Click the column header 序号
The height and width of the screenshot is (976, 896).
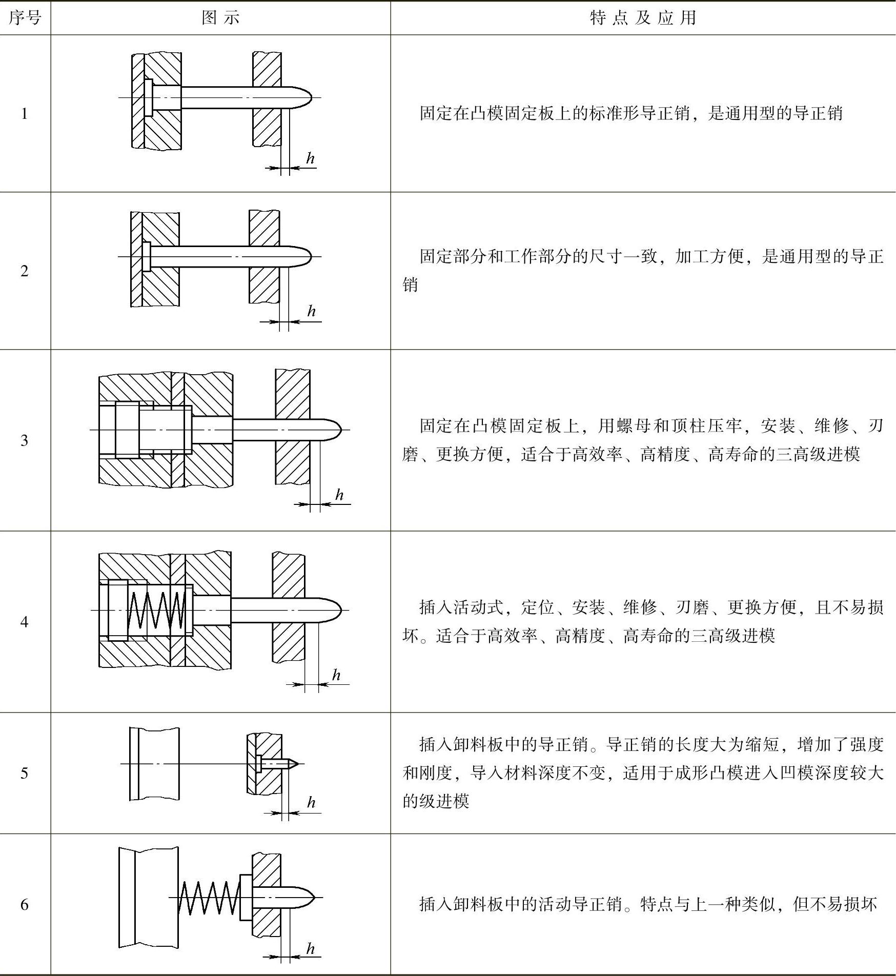(x=25, y=18)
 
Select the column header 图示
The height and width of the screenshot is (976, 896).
(x=220, y=18)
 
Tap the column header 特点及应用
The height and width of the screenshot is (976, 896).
(x=643, y=18)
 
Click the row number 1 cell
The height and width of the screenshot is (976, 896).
(x=25, y=114)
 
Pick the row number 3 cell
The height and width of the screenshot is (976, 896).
(x=25, y=440)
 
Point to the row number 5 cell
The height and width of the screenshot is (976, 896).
(x=25, y=773)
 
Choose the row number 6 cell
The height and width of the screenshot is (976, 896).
(x=25, y=905)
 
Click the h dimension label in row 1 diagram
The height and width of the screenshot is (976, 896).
(x=310, y=158)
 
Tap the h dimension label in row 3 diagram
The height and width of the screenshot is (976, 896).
(x=339, y=495)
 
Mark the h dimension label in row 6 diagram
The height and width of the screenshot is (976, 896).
(x=310, y=949)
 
